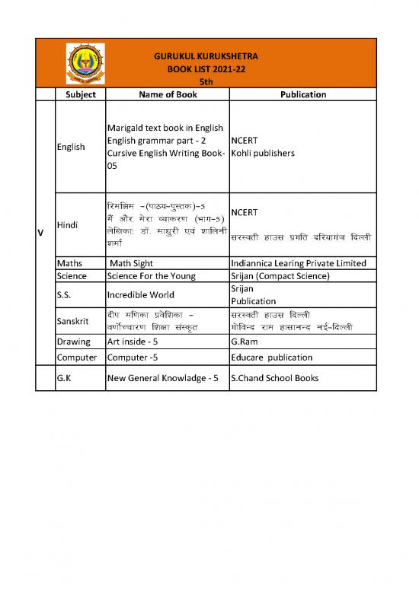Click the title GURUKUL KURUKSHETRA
[205, 56]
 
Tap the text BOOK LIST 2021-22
[205, 68]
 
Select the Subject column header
[81, 94]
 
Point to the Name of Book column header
[168, 94]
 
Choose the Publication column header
[303, 94]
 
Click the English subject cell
[71, 146]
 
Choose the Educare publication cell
[271, 357]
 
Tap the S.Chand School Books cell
[274, 378]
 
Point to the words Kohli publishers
[263, 153]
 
